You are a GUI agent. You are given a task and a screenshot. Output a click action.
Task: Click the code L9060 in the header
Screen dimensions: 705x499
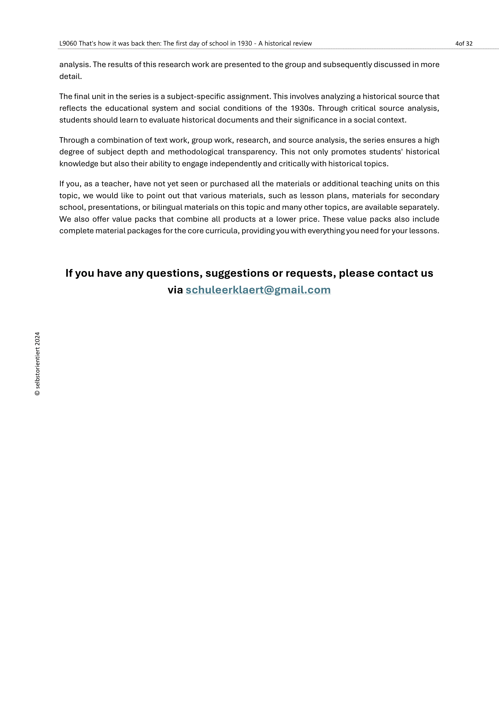pos(68,44)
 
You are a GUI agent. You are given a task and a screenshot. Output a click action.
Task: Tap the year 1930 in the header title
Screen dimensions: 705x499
pos(245,44)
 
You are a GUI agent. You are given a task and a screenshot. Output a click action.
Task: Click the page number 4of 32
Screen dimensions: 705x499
pos(464,44)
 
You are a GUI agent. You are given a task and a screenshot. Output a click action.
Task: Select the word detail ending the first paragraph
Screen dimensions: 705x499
pos(70,77)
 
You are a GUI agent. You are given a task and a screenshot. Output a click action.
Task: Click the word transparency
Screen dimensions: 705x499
pos(252,152)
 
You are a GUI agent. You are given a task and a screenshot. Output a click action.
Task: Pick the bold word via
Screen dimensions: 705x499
pos(175,290)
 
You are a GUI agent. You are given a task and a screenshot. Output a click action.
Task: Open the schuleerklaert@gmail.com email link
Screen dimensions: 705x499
pos(258,290)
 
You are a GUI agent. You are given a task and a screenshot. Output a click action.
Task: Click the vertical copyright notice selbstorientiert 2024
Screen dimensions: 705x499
pos(37,364)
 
